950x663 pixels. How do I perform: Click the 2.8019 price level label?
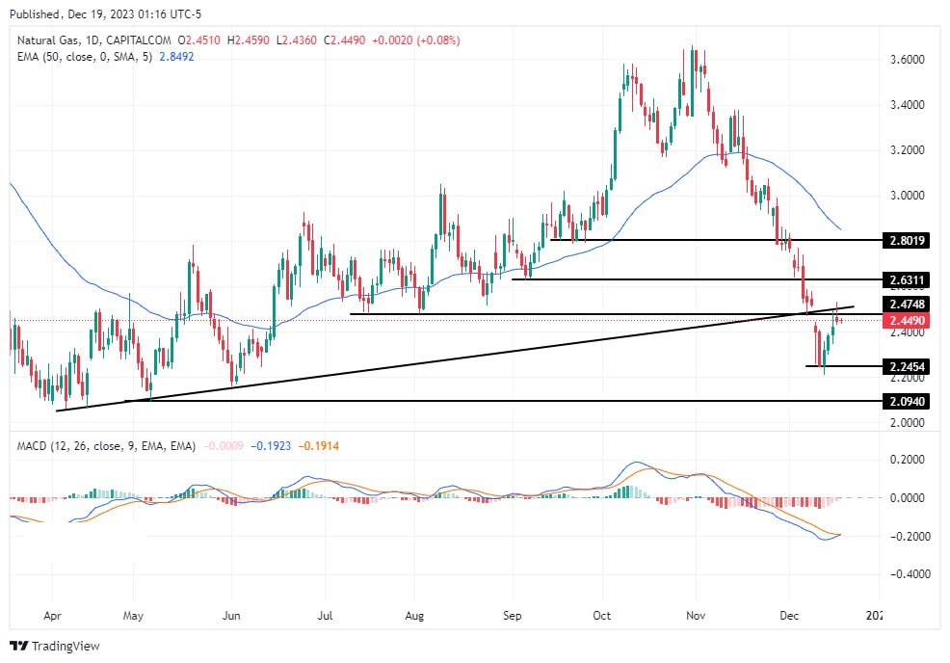click(x=906, y=239)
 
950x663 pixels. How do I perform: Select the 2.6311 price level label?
click(x=906, y=279)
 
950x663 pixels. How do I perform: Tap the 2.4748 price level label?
click(x=906, y=305)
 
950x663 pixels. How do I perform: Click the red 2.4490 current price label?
click(x=906, y=320)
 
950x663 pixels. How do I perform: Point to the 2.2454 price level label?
click(x=906, y=366)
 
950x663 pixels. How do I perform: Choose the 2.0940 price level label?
click(x=906, y=400)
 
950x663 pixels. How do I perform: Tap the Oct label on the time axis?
click(x=602, y=612)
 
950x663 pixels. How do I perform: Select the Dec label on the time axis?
click(x=789, y=612)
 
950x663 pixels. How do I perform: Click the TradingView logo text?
click(x=65, y=646)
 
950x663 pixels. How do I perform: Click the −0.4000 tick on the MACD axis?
click(x=904, y=573)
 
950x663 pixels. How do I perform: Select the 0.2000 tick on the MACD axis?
click(x=906, y=461)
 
